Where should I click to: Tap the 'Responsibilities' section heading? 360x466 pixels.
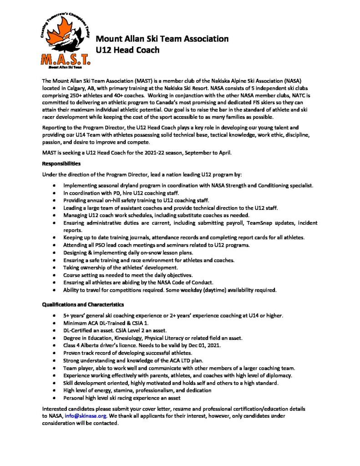click(x=61, y=163)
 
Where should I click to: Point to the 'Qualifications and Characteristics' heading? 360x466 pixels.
click(x=83, y=304)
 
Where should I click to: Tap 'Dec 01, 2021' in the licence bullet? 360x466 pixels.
click(x=202, y=345)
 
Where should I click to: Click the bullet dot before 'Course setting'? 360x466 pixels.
click(x=55, y=275)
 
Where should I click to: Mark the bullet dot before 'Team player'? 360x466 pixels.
click(x=55, y=368)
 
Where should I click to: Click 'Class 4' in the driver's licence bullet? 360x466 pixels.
click(x=73, y=345)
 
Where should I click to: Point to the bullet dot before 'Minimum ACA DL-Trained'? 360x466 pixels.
click(x=55, y=323)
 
